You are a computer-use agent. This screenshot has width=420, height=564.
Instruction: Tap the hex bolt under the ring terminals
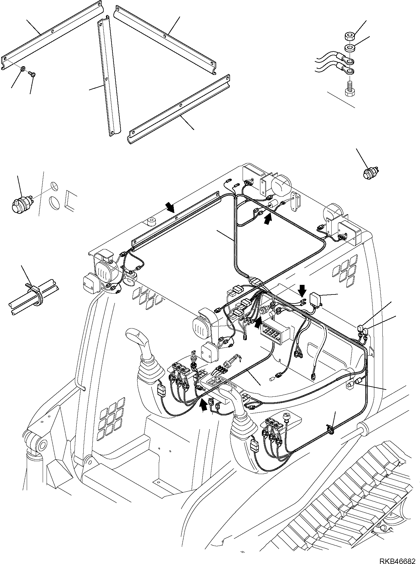(349, 89)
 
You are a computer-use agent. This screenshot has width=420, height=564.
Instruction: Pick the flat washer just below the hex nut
(349, 48)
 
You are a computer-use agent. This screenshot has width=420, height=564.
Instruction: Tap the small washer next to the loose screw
(23, 70)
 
